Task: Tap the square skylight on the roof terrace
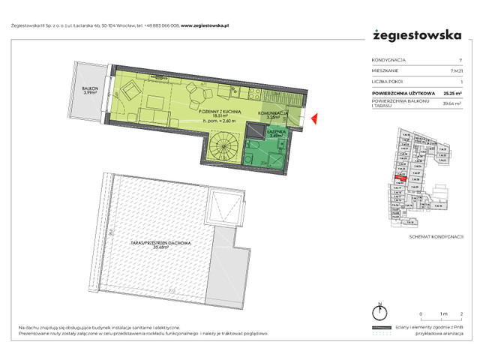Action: pos(224,205)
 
